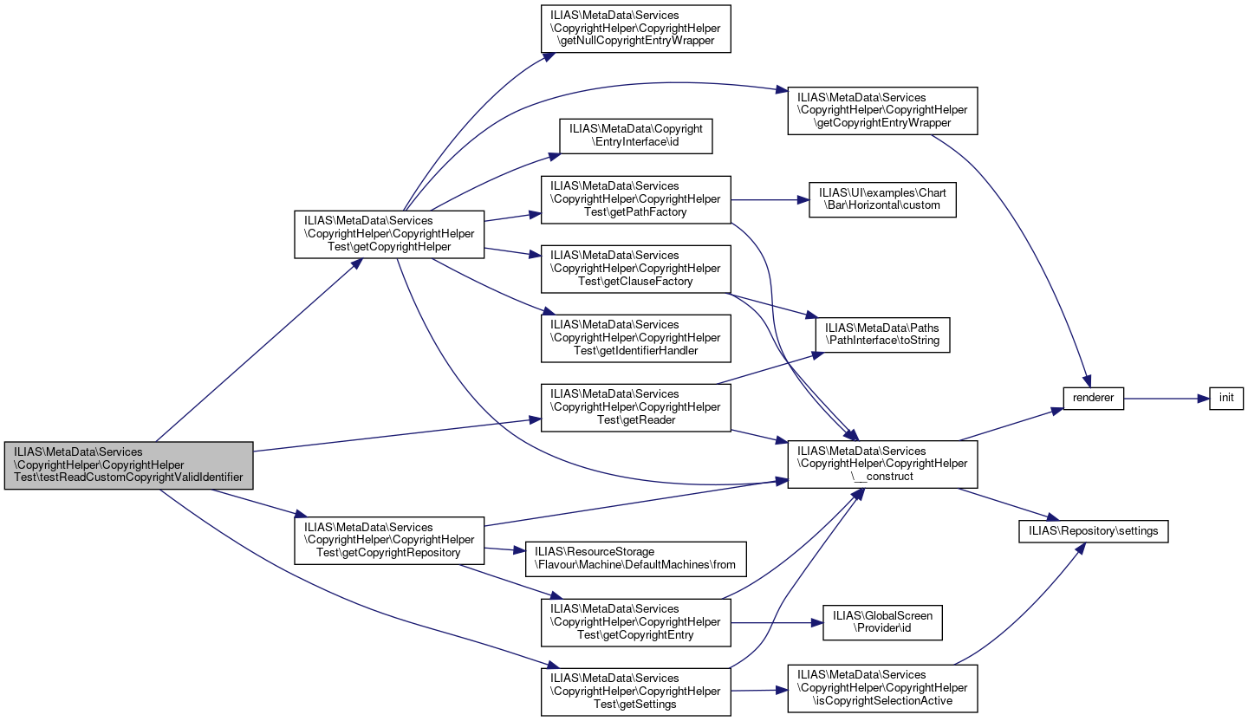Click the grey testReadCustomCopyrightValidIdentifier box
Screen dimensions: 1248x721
click(x=128, y=466)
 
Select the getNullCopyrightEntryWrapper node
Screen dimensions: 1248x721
click(x=636, y=29)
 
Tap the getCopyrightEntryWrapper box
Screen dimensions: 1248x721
click(x=882, y=111)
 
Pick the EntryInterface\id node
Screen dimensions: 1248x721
click(x=636, y=136)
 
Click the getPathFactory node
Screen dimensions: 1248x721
click(x=636, y=200)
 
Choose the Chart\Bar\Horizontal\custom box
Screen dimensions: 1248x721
click(x=882, y=199)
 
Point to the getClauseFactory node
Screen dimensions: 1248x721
click(x=636, y=270)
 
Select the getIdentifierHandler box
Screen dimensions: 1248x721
click(x=636, y=338)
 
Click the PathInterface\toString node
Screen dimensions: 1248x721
click(x=882, y=335)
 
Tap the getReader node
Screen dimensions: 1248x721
click(x=636, y=407)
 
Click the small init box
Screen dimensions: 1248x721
click(x=1226, y=399)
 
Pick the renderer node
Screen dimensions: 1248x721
click(x=1094, y=399)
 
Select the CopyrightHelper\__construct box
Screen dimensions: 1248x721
click(x=882, y=464)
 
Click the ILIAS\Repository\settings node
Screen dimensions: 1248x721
click(x=1094, y=531)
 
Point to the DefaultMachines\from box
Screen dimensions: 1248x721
click(x=636, y=559)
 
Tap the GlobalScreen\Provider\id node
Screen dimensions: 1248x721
click(x=882, y=622)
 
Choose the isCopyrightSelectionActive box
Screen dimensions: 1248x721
click(x=882, y=688)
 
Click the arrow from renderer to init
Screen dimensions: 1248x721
click(x=1167, y=399)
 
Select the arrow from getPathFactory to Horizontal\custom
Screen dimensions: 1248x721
click(x=770, y=199)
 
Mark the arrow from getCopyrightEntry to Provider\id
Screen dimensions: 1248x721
click(x=777, y=622)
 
